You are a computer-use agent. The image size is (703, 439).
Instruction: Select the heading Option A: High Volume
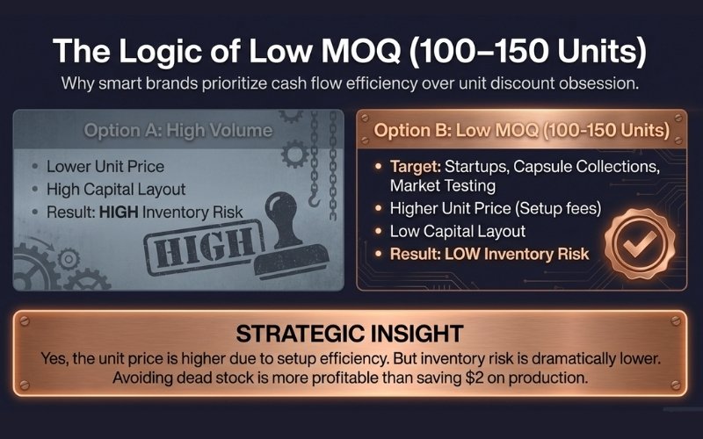(178, 131)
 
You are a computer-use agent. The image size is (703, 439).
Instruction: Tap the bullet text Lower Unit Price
(105, 166)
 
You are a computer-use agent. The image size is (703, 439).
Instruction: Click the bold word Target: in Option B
(415, 167)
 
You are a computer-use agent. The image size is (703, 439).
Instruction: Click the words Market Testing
(445, 186)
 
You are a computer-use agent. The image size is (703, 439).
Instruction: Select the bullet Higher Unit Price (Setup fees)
(492, 209)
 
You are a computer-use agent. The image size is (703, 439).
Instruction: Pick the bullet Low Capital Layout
(458, 231)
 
